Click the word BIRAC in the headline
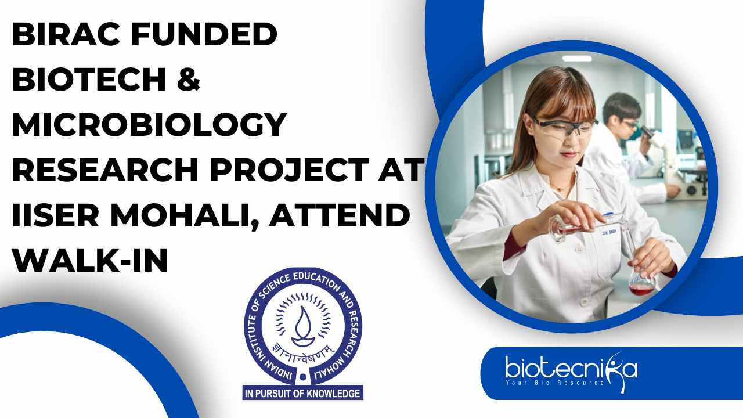66,34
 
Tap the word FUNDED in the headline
204,34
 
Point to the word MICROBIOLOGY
149,124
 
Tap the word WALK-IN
90,261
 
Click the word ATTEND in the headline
340,215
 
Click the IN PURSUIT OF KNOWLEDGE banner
303,394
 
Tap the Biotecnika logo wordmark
571,369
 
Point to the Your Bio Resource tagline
555,383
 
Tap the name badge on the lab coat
609,232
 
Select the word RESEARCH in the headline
106,170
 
